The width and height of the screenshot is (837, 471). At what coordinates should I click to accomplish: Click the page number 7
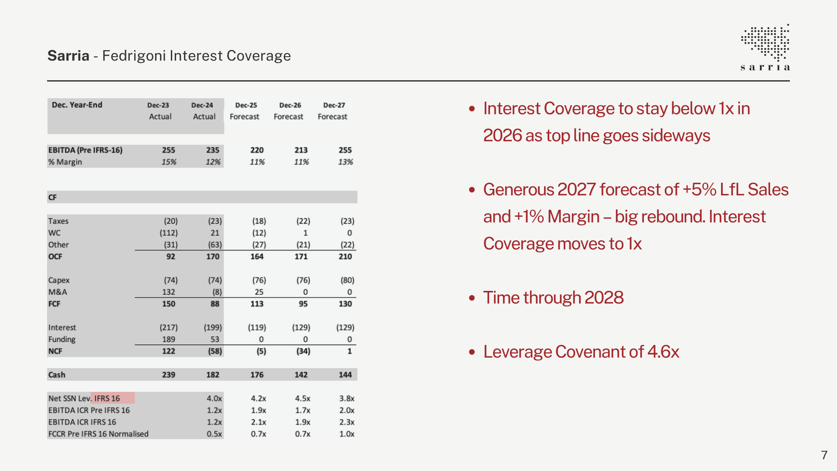point(824,455)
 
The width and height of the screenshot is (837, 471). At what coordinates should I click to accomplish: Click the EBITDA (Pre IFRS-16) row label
point(85,150)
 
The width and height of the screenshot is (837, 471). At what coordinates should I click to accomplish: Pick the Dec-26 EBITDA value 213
point(301,150)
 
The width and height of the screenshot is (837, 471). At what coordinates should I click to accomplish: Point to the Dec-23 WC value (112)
point(169,233)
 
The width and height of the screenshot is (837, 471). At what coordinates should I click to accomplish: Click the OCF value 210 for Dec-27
point(345,256)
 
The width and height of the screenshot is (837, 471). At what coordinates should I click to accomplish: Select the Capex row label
point(59,280)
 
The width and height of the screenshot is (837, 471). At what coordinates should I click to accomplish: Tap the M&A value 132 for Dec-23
point(169,292)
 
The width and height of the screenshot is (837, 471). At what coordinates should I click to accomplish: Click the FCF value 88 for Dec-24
point(215,304)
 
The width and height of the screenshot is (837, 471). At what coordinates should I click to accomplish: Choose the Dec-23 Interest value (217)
point(169,328)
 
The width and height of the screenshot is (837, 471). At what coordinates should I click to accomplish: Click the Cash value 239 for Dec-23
point(169,375)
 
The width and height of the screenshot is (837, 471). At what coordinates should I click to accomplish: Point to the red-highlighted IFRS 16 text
point(107,398)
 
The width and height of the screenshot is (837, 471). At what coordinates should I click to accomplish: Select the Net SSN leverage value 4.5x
point(303,399)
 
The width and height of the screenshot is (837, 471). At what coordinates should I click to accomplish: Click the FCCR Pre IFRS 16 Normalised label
point(99,434)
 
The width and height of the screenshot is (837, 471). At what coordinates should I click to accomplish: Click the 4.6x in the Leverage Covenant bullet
point(663,352)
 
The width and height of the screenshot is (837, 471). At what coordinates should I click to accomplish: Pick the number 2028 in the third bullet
point(604,298)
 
